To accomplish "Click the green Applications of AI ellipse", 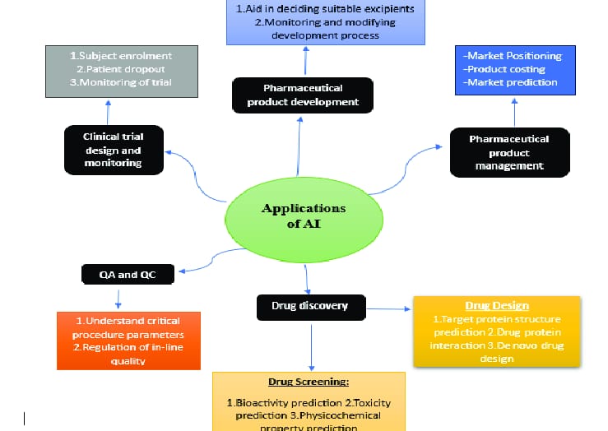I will pos(304,215).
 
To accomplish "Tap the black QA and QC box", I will pos(128,275).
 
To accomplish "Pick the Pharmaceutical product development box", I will pos(303,95).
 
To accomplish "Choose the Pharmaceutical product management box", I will pos(510,152).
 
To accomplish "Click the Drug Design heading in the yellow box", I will pos(496,306).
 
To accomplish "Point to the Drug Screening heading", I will pos(309,382).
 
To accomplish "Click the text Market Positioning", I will pos(513,56).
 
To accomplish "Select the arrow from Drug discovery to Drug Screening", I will pos(311,345).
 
